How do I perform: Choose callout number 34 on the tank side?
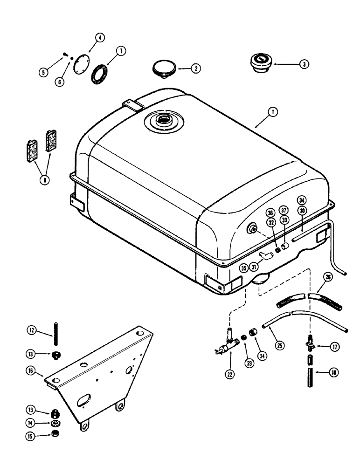click(302, 200)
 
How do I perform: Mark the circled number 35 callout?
click(243, 267)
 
